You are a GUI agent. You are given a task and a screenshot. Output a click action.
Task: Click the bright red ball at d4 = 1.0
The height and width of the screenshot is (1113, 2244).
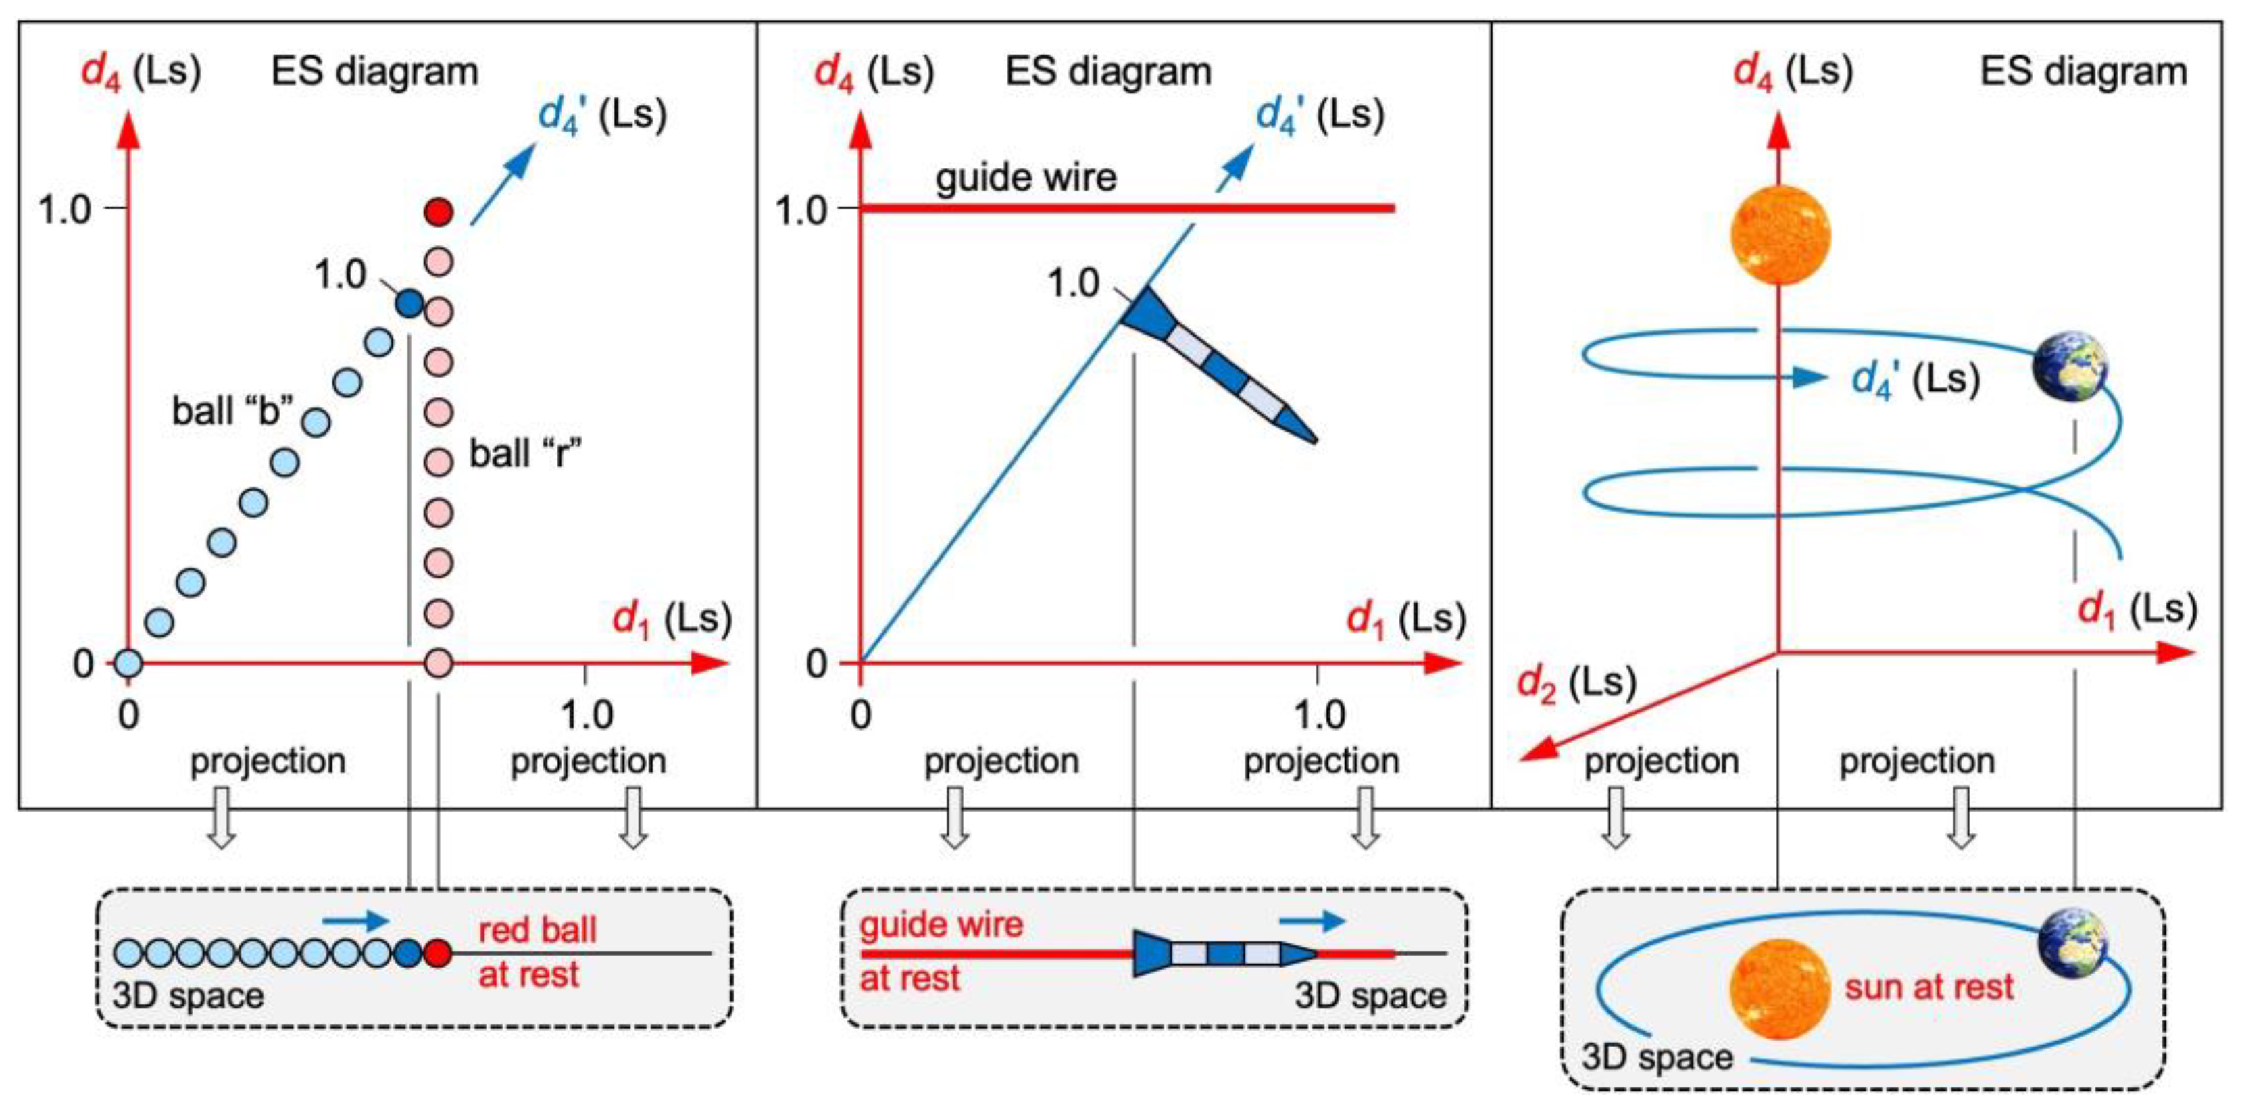[x=438, y=212]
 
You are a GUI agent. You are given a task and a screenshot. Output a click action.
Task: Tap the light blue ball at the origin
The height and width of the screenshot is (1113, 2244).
[x=128, y=664]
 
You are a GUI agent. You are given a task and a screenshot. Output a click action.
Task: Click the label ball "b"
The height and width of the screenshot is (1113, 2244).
[x=232, y=411]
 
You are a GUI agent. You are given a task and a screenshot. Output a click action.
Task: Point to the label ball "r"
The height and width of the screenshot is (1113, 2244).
[x=525, y=453]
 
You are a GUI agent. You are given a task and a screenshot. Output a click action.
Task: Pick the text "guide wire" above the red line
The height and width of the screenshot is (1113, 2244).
[x=1025, y=178]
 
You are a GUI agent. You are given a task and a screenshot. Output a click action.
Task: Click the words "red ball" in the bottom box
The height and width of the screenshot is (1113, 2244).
[x=537, y=930]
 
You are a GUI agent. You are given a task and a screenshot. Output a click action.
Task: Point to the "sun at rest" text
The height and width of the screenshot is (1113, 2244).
[x=1928, y=987]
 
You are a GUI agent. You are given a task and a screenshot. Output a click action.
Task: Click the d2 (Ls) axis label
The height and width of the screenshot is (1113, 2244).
[x=1576, y=683]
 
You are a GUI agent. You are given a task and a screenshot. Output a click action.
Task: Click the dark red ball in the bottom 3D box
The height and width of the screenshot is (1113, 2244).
[x=438, y=954]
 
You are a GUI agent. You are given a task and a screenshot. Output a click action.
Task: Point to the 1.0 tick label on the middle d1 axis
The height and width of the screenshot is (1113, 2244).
[x=1320, y=716]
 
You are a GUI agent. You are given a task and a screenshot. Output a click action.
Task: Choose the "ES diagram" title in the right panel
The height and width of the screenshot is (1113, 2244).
[x=2083, y=72]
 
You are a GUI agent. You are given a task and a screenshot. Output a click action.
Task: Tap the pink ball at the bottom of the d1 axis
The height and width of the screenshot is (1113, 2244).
[x=438, y=664]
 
